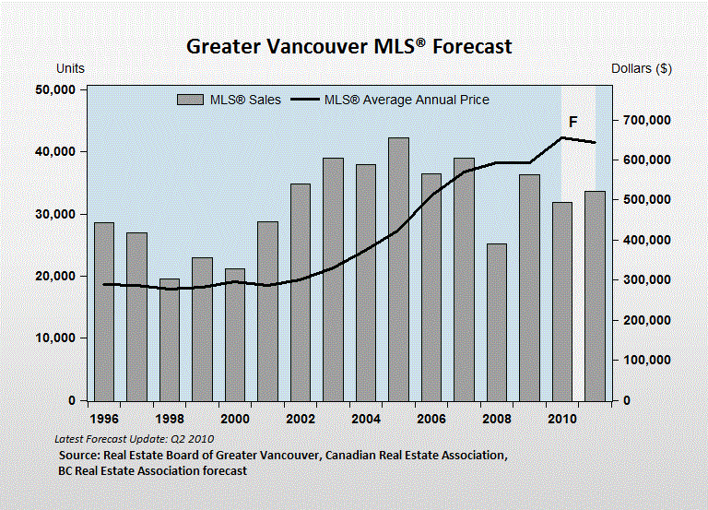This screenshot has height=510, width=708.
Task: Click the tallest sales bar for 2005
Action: pos(398,269)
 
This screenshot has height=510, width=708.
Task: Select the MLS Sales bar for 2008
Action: pos(497,323)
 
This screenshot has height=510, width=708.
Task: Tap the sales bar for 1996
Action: pos(104,312)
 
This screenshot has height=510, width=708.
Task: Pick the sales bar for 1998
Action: pos(170,339)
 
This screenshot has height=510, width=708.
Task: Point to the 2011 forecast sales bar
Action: pos(596,296)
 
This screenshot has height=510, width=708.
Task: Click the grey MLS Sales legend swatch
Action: pos(190,100)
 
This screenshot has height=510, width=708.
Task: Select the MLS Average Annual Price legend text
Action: pos(407,100)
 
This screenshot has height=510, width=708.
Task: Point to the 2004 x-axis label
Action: pos(366,419)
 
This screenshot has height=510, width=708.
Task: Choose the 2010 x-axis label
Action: pos(562,419)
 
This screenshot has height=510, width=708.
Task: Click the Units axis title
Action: pos(70,68)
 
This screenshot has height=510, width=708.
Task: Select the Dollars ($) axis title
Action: pos(642,68)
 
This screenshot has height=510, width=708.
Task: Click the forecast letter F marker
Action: pos(573,122)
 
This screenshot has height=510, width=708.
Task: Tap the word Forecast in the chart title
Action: pos(472,46)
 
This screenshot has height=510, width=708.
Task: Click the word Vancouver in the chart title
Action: pos(316,46)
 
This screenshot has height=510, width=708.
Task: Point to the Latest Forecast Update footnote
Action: pos(134,439)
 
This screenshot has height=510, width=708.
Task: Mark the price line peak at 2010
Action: pos(562,137)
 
